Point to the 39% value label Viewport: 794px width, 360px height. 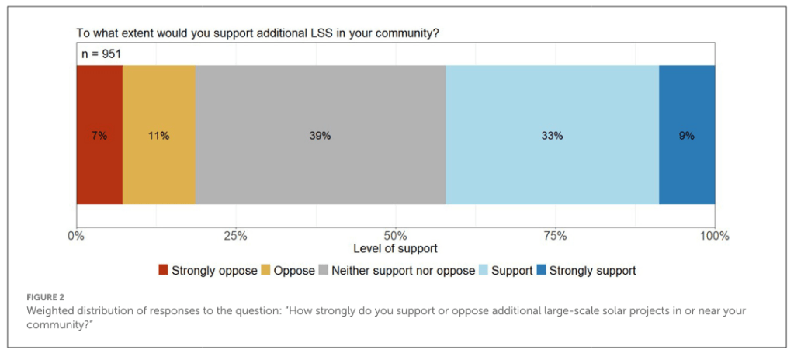pyautogui.click(x=320, y=136)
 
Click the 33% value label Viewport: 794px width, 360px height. pyautogui.click(x=552, y=136)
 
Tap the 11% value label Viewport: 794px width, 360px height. pyautogui.click(x=158, y=136)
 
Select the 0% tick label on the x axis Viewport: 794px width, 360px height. pyautogui.click(x=76, y=236)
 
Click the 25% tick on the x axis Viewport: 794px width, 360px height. pyautogui.click(x=235, y=236)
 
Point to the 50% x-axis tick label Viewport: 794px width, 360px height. pyautogui.click(x=395, y=236)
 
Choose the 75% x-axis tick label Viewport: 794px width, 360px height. pyautogui.click(x=555, y=236)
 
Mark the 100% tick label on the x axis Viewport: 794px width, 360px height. pyautogui.click(x=714, y=236)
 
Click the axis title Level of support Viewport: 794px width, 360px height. pyautogui.click(x=395, y=249)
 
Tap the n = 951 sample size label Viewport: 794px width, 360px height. pyautogui.click(x=102, y=54)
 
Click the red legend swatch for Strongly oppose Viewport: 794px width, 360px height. pyautogui.click(x=163, y=271)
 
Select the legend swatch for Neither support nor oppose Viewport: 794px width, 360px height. pyautogui.click(x=323, y=271)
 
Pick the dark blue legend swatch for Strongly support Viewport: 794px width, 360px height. pyautogui.click(x=542, y=271)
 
